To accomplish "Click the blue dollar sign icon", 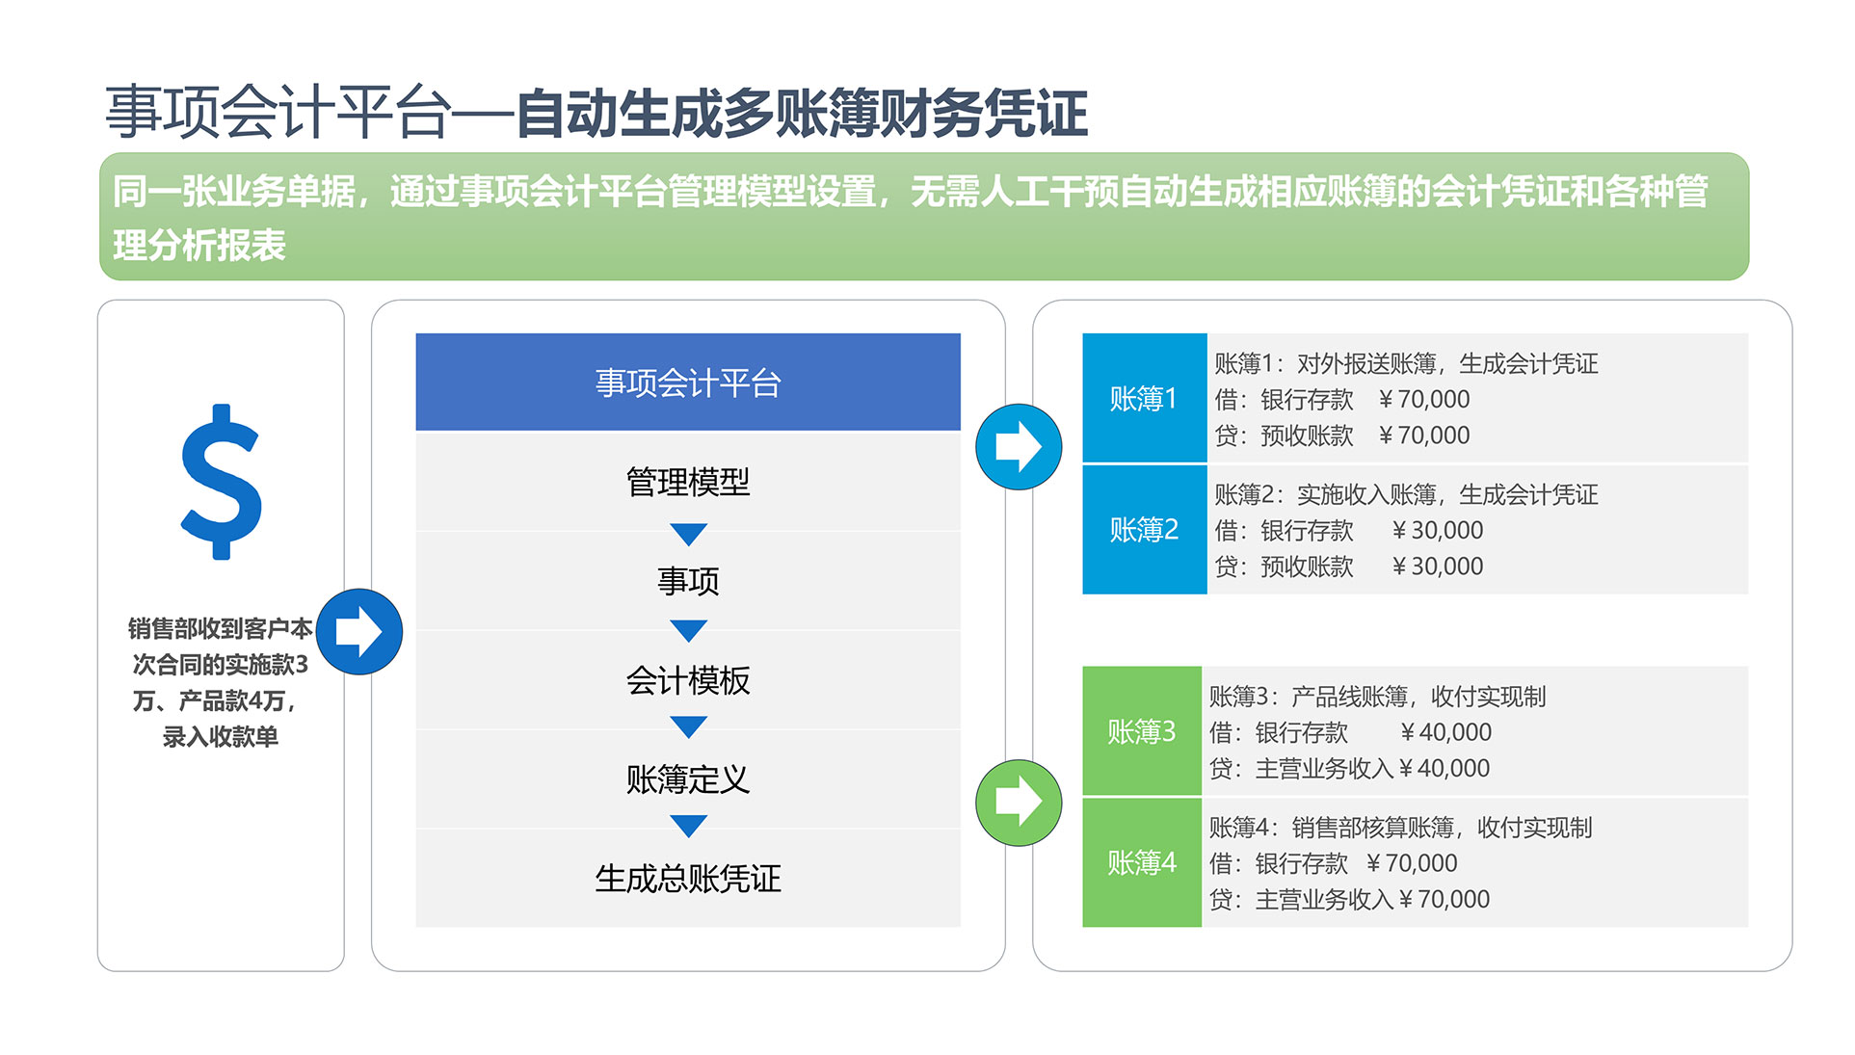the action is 221,482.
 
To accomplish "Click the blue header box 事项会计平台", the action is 688,382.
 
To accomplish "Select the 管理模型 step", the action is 688,482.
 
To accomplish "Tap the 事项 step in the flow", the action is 688,581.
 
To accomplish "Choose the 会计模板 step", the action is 688,680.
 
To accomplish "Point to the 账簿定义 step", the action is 688,779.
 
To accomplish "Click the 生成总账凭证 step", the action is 688,879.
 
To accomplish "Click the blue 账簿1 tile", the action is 1144,398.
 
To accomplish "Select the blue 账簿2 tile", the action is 1144,530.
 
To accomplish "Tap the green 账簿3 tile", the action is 1142,731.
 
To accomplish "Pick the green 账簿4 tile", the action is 1142,862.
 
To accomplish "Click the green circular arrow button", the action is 1019,803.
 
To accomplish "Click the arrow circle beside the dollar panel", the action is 359,631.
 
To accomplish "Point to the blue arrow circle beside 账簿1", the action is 1019,446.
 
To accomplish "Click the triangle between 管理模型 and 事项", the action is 688,534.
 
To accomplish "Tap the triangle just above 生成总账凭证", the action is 688,826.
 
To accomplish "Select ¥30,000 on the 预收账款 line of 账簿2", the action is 1438,567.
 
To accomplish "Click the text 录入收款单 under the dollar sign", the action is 221,737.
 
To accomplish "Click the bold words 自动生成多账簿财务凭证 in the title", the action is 803,113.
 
